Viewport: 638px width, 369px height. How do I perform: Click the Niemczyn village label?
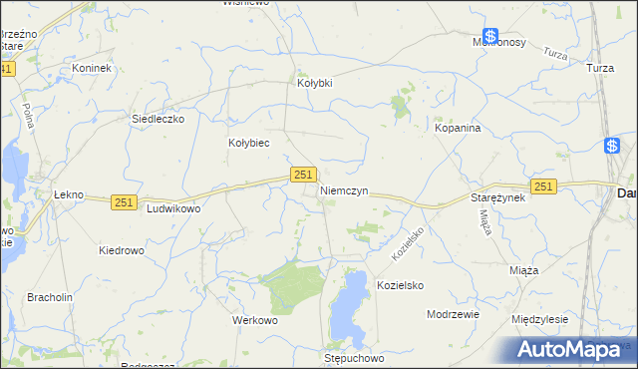[345, 189]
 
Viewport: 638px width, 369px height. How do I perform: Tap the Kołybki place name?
[315, 83]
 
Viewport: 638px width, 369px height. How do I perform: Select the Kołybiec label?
[249, 143]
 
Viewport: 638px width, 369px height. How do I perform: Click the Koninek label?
[92, 68]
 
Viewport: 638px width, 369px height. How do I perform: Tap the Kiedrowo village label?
[126, 250]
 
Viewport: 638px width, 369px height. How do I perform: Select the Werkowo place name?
[254, 321]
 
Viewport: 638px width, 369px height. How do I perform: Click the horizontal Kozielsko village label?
[400, 285]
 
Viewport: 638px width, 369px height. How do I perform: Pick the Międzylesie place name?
[539, 320]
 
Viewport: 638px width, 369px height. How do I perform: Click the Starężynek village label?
[497, 198]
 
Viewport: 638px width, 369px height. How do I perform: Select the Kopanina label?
[459, 129]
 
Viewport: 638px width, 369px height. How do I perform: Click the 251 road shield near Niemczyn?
[305, 175]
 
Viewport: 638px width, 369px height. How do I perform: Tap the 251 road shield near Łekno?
[124, 201]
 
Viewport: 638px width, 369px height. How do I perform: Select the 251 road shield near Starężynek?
[543, 186]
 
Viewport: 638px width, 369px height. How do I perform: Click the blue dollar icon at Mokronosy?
[490, 35]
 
